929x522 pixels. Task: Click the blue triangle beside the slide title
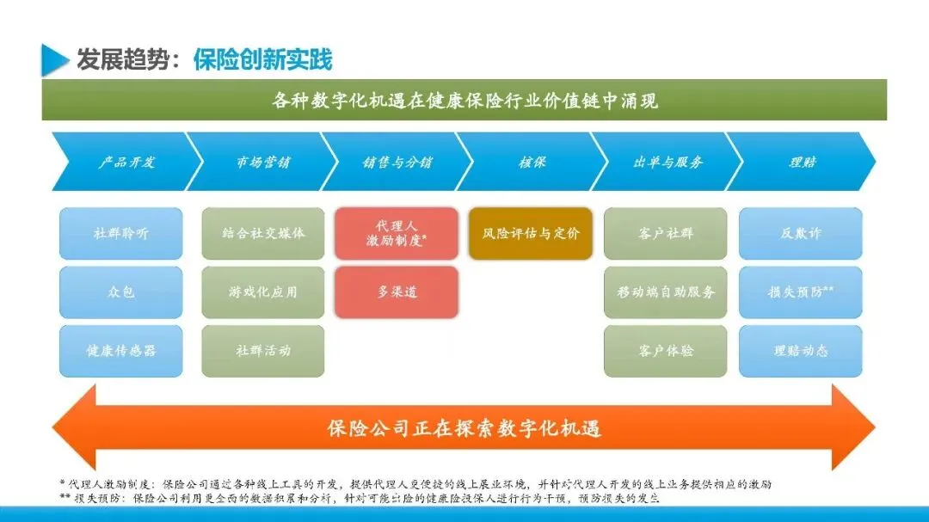pos(54,59)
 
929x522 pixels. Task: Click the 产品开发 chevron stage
pos(126,162)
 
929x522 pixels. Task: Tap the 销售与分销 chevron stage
pos(397,162)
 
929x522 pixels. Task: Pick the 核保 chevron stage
pos(532,162)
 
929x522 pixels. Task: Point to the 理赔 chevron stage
pos(802,162)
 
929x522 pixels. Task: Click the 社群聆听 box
pos(121,233)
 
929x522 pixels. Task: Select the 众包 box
pos(121,292)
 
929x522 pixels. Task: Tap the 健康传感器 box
pos(121,350)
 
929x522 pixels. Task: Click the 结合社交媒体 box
pos(263,233)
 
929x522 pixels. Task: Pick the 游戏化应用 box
pos(263,292)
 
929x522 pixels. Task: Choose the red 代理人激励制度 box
pos(397,233)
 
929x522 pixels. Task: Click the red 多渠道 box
pos(397,292)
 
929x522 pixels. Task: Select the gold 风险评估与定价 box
pos(531,233)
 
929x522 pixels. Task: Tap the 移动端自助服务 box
pos(666,292)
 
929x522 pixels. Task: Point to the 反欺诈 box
pos(801,233)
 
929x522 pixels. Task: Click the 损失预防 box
pos(801,292)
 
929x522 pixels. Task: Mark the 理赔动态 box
pos(801,350)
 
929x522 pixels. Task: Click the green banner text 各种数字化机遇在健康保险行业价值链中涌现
pos(464,101)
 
